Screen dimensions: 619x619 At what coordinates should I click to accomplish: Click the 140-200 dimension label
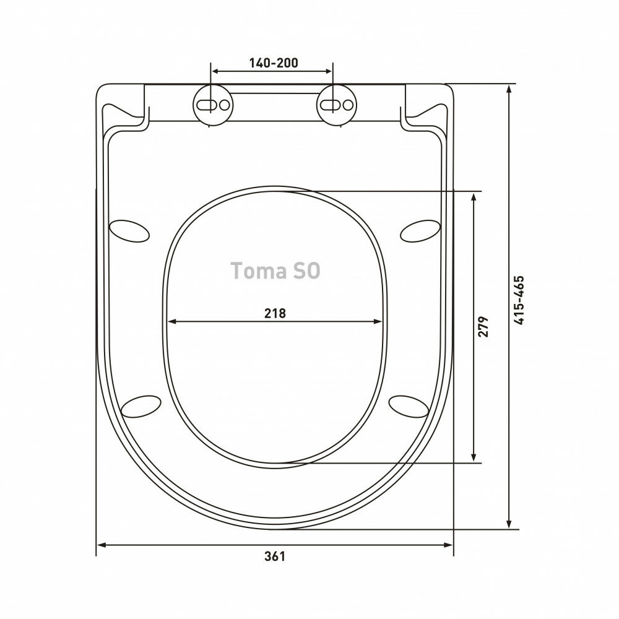[x=274, y=63]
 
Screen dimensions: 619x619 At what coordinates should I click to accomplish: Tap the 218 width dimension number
[x=275, y=313]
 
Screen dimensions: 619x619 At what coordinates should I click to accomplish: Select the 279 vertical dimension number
[x=483, y=326]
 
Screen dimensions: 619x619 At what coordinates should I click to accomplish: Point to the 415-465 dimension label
[x=519, y=300]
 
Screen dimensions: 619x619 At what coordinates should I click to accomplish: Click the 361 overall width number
[x=274, y=556]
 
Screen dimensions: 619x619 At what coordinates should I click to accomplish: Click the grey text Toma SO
[x=275, y=271]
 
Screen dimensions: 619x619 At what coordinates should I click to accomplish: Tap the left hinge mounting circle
[x=213, y=105]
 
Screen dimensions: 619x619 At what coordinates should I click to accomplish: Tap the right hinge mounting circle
[x=337, y=105]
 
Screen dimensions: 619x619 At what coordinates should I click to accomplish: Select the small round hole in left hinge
[x=224, y=105]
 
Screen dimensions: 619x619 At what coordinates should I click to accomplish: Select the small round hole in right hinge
[x=348, y=105]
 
